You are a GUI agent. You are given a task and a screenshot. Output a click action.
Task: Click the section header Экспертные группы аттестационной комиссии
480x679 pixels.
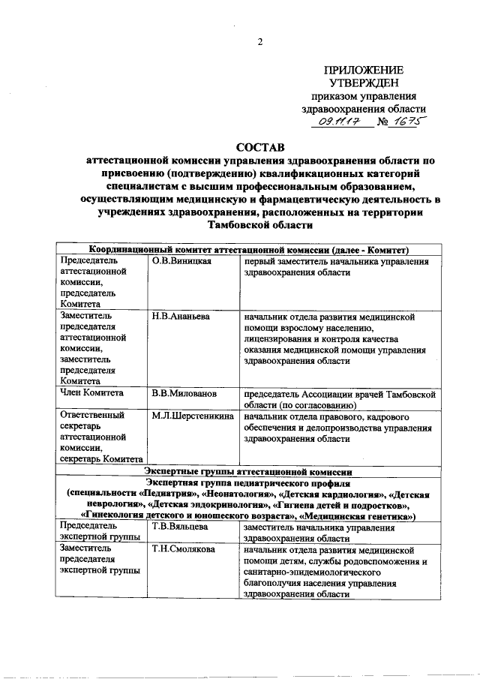247,472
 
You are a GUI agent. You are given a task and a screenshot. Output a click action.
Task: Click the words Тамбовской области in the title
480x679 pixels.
259,225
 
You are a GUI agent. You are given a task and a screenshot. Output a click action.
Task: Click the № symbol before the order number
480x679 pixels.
381,121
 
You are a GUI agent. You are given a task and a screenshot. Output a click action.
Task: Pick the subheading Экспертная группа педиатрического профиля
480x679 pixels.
247,483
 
